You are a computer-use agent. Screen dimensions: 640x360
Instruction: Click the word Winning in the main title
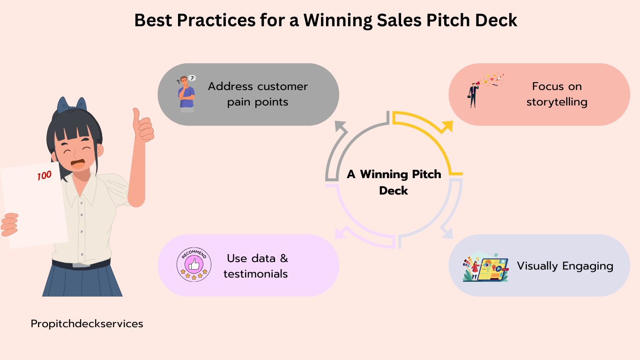tap(337, 21)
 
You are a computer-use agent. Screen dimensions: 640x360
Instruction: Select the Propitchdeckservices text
tap(87, 324)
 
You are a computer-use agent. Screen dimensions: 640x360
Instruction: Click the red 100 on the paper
tap(45, 175)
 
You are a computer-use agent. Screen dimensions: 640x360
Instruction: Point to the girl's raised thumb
tap(136, 116)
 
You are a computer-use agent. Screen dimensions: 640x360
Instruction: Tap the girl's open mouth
tap(78, 165)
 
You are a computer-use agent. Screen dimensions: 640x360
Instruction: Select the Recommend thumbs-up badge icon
tap(194, 264)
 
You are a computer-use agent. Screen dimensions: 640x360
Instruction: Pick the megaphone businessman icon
tap(485, 90)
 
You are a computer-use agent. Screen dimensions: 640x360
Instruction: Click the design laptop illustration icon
tap(485, 267)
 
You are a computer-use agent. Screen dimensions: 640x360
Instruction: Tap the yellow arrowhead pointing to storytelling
tap(447, 127)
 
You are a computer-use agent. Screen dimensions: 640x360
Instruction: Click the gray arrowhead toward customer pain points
tap(341, 127)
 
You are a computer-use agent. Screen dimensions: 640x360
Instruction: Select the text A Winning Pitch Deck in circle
tap(394, 182)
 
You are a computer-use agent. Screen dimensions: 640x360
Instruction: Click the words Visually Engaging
tap(565, 266)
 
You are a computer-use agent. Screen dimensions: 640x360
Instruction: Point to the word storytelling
tap(557, 102)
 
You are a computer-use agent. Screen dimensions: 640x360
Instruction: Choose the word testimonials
tap(255, 274)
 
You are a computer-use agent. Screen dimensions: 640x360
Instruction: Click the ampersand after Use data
tap(284, 258)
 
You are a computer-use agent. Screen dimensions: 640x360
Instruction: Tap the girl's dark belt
tap(82, 264)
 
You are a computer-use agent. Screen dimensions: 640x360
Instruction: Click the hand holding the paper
tap(9, 225)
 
